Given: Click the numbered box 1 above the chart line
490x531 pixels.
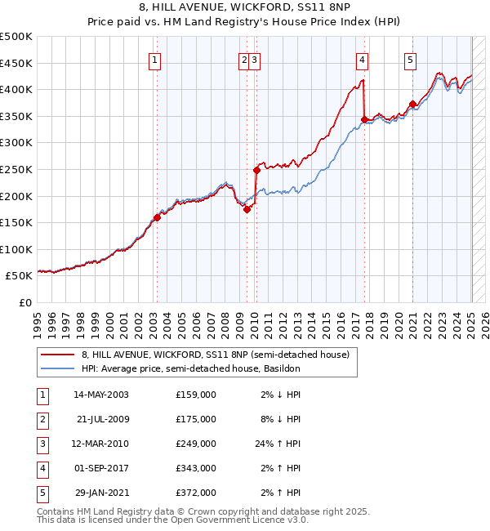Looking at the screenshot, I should [155, 59].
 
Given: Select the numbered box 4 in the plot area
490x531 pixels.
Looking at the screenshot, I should [361, 59].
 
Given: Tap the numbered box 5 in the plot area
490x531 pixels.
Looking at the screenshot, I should [409, 59].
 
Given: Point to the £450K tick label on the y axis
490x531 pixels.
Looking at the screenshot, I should [16, 63].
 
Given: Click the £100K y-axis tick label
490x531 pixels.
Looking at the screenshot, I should [16, 249].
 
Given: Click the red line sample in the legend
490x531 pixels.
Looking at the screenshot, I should [58, 355].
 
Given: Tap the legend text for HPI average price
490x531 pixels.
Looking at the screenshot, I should [191, 368].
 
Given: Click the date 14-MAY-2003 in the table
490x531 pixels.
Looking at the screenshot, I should [101, 395].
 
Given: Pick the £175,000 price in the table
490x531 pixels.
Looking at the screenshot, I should [196, 419].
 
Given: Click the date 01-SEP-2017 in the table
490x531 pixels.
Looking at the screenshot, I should [101, 468].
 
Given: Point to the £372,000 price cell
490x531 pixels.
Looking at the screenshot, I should [196, 493].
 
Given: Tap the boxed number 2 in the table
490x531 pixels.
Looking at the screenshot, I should [42, 419].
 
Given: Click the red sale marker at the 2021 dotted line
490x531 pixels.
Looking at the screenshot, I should [413, 104].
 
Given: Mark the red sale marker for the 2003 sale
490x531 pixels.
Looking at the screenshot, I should [157, 217].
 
